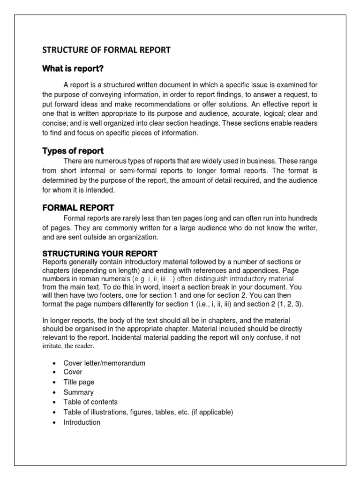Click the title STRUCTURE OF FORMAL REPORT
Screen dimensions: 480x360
(106, 50)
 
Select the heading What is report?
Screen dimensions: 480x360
(73, 69)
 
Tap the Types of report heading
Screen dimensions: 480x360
(73, 151)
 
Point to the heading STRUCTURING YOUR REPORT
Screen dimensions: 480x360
(100, 254)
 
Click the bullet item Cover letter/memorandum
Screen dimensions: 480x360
(105, 363)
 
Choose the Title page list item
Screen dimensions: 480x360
(79, 382)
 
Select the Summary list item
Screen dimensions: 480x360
(78, 392)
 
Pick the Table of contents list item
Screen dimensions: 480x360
(90, 402)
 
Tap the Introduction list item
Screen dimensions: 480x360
(82, 422)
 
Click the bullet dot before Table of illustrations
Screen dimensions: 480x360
(54, 412)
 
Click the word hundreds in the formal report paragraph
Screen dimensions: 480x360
(301, 218)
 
